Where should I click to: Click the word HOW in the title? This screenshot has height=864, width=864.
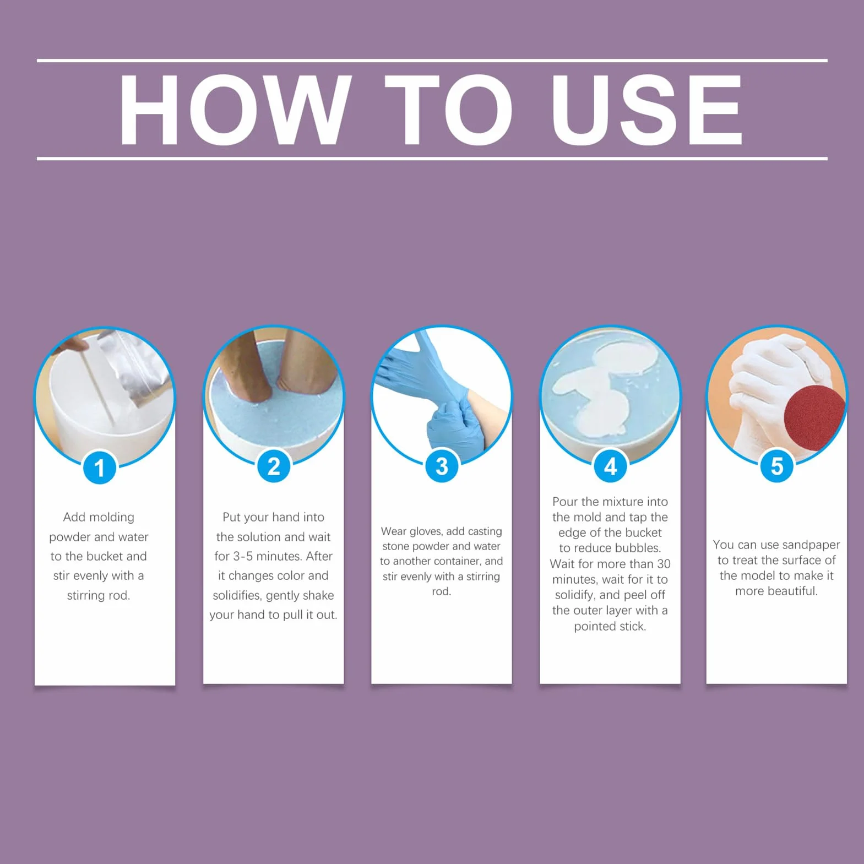pyautogui.click(x=235, y=110)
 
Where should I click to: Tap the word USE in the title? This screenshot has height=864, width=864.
pyautogui.click(x=648, y=110)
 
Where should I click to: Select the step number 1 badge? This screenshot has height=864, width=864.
pyautogui.click(x=100, y=468)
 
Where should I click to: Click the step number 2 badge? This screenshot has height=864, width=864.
pyautogui.click(x=274, y=466)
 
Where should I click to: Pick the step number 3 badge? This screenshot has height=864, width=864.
pyautogui.click(x=442, y=466)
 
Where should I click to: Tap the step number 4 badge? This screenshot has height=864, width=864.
pyautogui.click(x=610, y=466)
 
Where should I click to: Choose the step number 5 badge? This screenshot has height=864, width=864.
pyautogui.click(x=776, y=466)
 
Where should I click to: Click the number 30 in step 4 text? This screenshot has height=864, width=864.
pyautogui.click(x=664, y=564)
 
